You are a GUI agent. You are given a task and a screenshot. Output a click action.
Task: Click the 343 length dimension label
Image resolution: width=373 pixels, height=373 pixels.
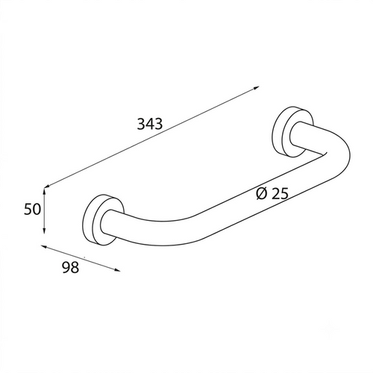click(x=150, y=124)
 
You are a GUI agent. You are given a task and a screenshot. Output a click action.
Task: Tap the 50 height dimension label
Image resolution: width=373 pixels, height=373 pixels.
click(x=32, y=209)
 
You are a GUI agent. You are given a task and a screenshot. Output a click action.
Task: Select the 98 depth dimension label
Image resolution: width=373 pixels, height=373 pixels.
click(x=70, y=267)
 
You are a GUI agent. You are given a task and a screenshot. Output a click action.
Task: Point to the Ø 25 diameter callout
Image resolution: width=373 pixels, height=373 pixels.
click(x=272, y=193)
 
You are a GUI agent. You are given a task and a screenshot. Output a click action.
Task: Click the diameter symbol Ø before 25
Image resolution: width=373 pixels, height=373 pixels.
click(x=261, y=193)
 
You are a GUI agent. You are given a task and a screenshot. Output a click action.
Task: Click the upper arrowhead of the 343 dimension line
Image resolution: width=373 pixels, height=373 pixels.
click(x=256, y=87)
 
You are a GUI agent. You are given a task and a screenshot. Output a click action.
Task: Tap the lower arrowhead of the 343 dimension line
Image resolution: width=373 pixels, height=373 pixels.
click(x=47, y=186)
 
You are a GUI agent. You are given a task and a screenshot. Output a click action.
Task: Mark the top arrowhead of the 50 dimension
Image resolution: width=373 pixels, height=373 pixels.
click(x=44, y=192)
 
